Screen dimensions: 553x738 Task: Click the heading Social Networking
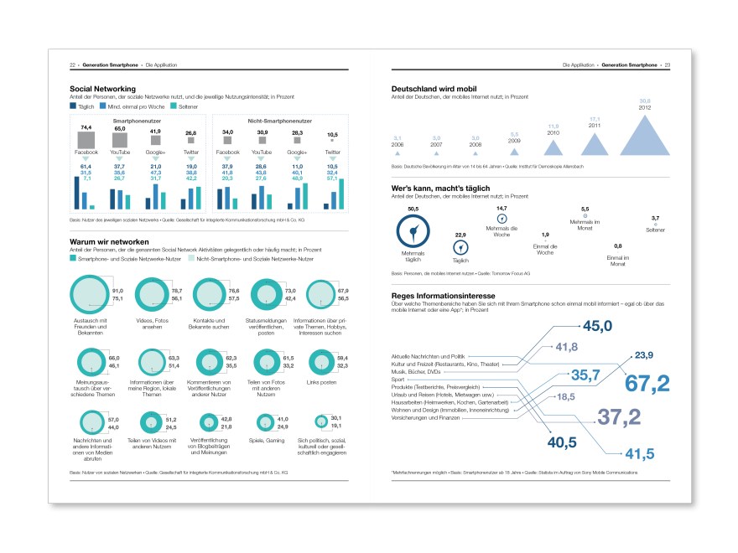point(103,88)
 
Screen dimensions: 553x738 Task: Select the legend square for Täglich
point(73,107)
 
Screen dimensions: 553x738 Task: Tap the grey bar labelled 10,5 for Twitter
point(332,142)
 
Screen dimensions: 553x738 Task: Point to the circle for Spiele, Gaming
point(264,423)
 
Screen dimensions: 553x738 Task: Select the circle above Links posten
point(323,362)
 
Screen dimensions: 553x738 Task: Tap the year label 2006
point(398,144)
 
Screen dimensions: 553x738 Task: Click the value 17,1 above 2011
point(595,119)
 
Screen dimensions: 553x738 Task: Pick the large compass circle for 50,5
point(413,232)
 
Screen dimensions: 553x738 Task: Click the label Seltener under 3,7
point(655,230)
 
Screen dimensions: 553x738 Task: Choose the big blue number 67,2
point(647,383)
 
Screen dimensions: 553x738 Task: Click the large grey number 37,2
point(618,416)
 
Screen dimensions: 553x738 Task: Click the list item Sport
point(398,380)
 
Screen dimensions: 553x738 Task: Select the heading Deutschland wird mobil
point(446,88)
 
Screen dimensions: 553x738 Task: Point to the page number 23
point(668,65)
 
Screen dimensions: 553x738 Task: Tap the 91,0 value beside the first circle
point(117,290)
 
